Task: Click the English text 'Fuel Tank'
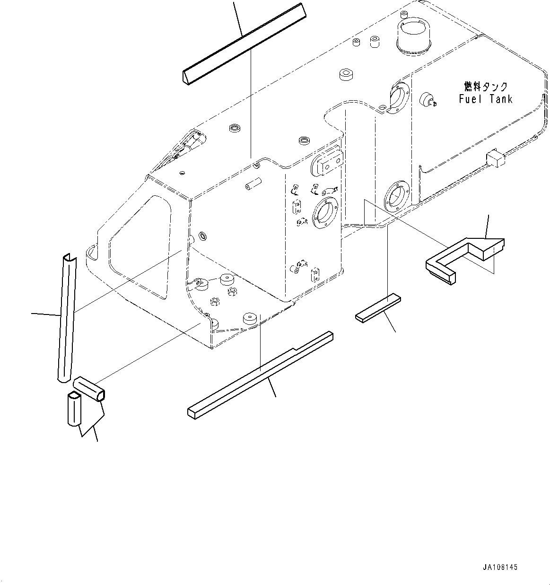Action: (x=485, y=99)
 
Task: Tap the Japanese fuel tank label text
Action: (x=485, y=87)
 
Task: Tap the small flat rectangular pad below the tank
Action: (x=378, y=308)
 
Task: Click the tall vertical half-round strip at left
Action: (x=66, y=317)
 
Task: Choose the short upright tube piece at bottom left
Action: (x=75, y=409)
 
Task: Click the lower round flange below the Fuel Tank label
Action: (x=394, y=195)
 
